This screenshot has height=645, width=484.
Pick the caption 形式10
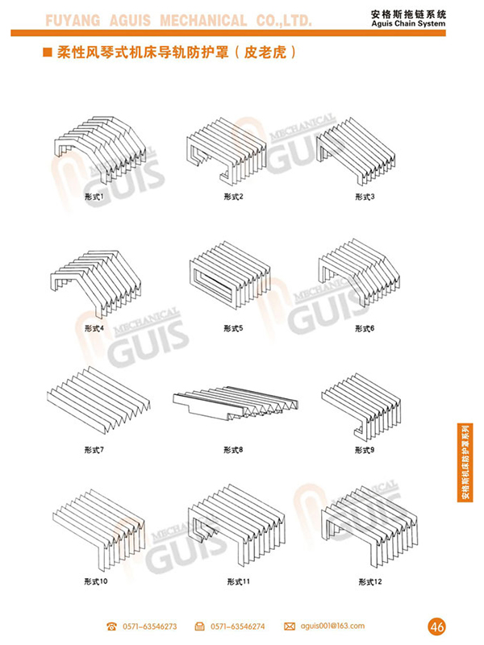click(x=96, y=580)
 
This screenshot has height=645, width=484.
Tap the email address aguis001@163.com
click(x=332, y=626)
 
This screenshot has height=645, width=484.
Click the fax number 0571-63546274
click(x=238, y=626)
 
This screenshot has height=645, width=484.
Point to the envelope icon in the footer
click(x=289, y=626)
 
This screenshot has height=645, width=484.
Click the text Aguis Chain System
click(x=439, y=25)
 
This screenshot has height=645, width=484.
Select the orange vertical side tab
click(x=465, y=463)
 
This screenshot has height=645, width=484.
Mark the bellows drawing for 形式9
click(x=363, y=403)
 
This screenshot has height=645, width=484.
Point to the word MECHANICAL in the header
click(x=206, y=20)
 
